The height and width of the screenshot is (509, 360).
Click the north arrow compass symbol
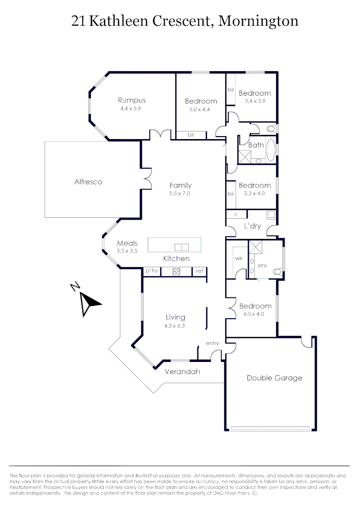(x=88, y=302)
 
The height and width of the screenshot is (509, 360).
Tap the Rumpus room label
(x=131, y=100)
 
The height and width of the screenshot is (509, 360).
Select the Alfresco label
(x=88, y=181)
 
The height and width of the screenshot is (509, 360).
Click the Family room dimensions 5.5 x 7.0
(x=180, y=194)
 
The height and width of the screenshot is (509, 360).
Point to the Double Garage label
(x=274, y=378)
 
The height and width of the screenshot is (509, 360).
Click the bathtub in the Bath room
(x=270, y=149)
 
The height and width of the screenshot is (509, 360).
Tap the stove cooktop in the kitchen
(x=177, y=271)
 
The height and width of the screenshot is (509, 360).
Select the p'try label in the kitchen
(x=152, y=271)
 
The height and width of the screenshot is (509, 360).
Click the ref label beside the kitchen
(x=199, y=271)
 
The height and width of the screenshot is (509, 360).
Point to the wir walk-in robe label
(x=238, y=259)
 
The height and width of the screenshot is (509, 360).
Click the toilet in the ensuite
(x=278, y=271)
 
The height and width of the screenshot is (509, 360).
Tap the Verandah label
(x=182, y=371)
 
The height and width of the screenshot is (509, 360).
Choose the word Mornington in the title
(x=259, y=21)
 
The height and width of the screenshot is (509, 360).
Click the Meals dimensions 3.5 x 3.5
(x=127, y=251)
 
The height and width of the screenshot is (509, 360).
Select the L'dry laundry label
(x=252, y=226)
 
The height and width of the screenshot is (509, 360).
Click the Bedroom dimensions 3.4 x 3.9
(x=254, y=101)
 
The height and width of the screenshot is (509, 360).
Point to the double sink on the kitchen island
(x=181, y=246)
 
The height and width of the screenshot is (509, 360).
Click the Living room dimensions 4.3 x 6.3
(x=175, y=326)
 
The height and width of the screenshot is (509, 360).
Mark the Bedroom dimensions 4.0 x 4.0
(x=255, y=314)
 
